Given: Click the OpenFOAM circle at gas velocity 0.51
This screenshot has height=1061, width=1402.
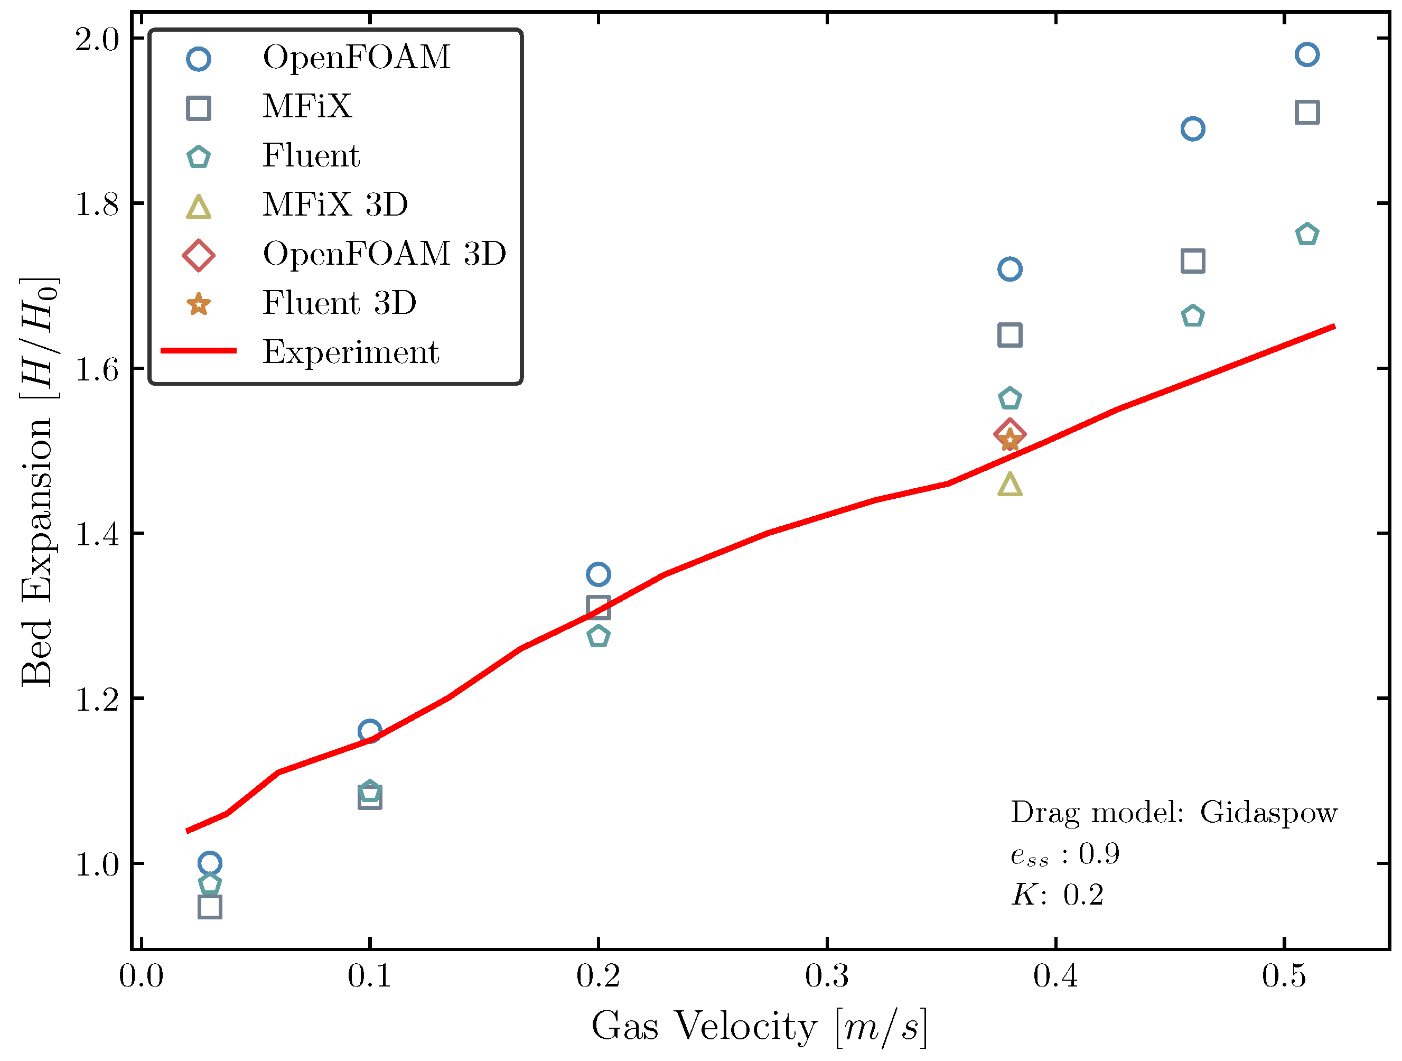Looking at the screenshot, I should point(1307,54).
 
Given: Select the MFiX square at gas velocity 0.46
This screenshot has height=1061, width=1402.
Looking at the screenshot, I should point(1193,261).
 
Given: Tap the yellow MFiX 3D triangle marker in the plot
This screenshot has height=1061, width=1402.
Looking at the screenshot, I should point(1010,485).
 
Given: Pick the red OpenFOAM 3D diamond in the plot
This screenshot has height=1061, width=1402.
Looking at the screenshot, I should point(1010,434).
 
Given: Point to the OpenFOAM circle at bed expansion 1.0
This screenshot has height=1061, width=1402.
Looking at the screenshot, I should point(210,863).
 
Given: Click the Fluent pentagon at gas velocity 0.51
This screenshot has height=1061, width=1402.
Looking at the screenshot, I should point(1307,235).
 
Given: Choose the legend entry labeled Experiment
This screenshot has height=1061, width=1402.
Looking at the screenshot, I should point(351,352).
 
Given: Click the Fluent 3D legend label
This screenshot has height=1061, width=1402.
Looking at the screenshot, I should point(340,302).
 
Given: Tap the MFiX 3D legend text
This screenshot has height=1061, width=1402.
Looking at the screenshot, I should point(335,204).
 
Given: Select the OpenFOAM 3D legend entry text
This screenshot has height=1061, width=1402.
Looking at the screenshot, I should point(384,254).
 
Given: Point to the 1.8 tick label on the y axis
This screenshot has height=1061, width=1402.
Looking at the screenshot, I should point(97,204).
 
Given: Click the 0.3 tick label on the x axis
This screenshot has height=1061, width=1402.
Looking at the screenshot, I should point(827,976).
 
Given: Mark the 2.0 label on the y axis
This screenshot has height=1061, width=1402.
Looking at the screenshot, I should point(97,39).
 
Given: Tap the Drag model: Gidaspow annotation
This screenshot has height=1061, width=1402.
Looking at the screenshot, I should point(1173,812).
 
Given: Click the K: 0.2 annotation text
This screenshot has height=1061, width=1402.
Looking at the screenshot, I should point(1057,895).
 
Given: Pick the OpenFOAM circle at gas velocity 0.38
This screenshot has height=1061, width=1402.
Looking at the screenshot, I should point(1010,269).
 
